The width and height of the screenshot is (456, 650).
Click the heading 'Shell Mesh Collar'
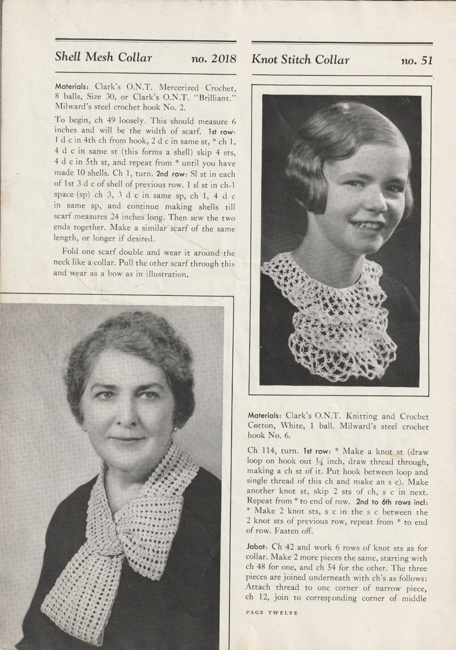(x=104, y=57)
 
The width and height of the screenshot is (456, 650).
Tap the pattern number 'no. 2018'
(x=214, y=58)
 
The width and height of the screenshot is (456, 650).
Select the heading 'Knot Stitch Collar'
(x=300, y=60)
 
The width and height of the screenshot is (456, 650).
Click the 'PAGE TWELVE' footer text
(x=272, y=613)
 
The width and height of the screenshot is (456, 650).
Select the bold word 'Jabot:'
(x=258, y=545)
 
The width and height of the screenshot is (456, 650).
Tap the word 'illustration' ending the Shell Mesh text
(x=166, y=274)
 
